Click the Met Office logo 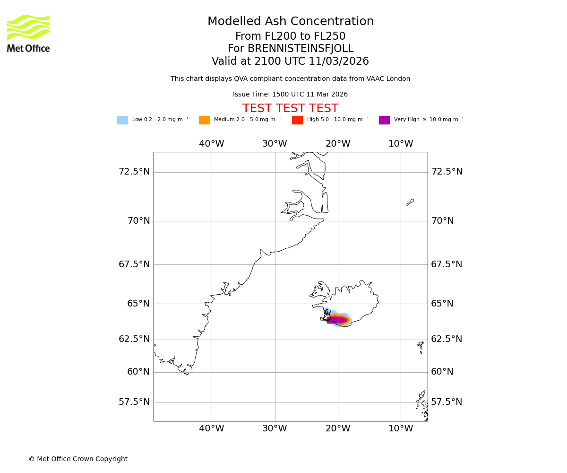click(28, 34)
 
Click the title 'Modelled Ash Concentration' click(291, 22)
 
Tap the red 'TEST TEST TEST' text click(290, 109)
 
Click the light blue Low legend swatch click(122, 120)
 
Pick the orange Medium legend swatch click(204, 120)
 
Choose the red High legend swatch click(297, 120)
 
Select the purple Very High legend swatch click(384, 120)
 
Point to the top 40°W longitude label click(211, 144)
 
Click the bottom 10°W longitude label click(401, 429)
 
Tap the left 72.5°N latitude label click(134, 172)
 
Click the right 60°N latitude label click(442, 372)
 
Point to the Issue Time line click(290, 95)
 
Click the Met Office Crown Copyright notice click(78, 459)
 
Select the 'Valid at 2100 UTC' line click(290, 61)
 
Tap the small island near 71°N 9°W click(410, 202)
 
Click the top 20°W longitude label click(337, 144)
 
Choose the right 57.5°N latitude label click(447, 402)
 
